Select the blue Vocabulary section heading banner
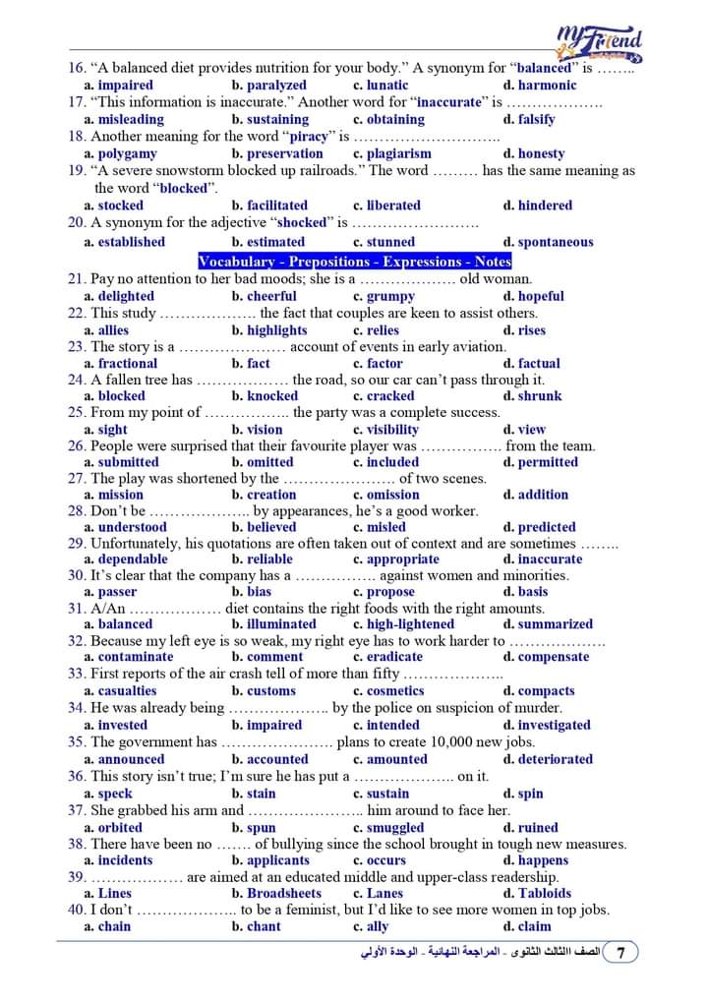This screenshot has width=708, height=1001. point(355,262)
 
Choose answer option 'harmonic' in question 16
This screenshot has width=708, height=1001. point(547,86)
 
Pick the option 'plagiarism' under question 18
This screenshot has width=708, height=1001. point(398,153)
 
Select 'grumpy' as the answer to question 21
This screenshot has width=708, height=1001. point(390,296)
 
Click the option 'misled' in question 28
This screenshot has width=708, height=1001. point(385,527)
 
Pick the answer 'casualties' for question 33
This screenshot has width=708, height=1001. point(128,691)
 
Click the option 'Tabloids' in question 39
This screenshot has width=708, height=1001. point(544,893)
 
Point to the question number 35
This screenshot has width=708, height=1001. point(77,742)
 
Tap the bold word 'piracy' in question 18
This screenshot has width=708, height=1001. point(307,137)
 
